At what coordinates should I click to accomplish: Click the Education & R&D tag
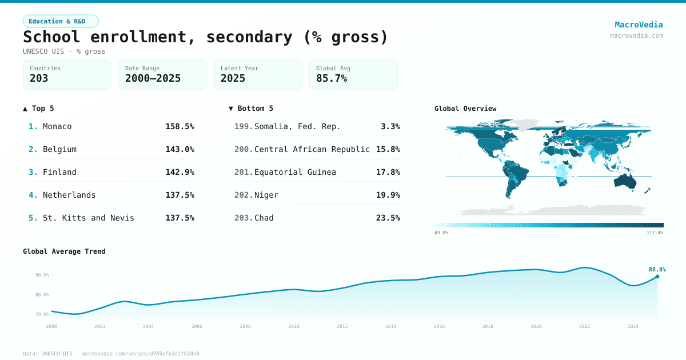pos(61,21)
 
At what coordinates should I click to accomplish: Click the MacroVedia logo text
pos(639,25)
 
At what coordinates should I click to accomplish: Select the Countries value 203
pos(39,78)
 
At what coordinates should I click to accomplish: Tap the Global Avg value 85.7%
pos(332,78)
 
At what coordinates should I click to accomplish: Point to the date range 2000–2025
pos(153,78)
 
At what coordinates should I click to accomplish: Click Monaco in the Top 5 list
pos(57,126)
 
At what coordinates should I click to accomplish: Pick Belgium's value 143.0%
pos(180,149)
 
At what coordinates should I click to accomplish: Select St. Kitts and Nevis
pos(88,218)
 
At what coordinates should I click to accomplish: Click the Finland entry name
pos(59,172)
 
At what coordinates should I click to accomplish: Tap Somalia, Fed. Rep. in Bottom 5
pos(297,126)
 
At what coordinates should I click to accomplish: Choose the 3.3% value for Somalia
pos(390,126)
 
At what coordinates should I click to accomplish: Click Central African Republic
pos(312,149)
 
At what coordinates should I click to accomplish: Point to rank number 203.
pos(243,218)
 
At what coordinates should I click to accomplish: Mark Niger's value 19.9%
pos(388,195)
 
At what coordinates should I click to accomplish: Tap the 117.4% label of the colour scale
pos(655,233)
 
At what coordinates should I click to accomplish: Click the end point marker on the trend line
pos(657,277)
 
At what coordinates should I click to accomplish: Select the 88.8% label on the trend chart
pos(657,269)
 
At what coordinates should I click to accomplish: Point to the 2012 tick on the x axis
pos(342,326)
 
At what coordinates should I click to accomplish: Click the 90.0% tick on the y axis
pos(42,275)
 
